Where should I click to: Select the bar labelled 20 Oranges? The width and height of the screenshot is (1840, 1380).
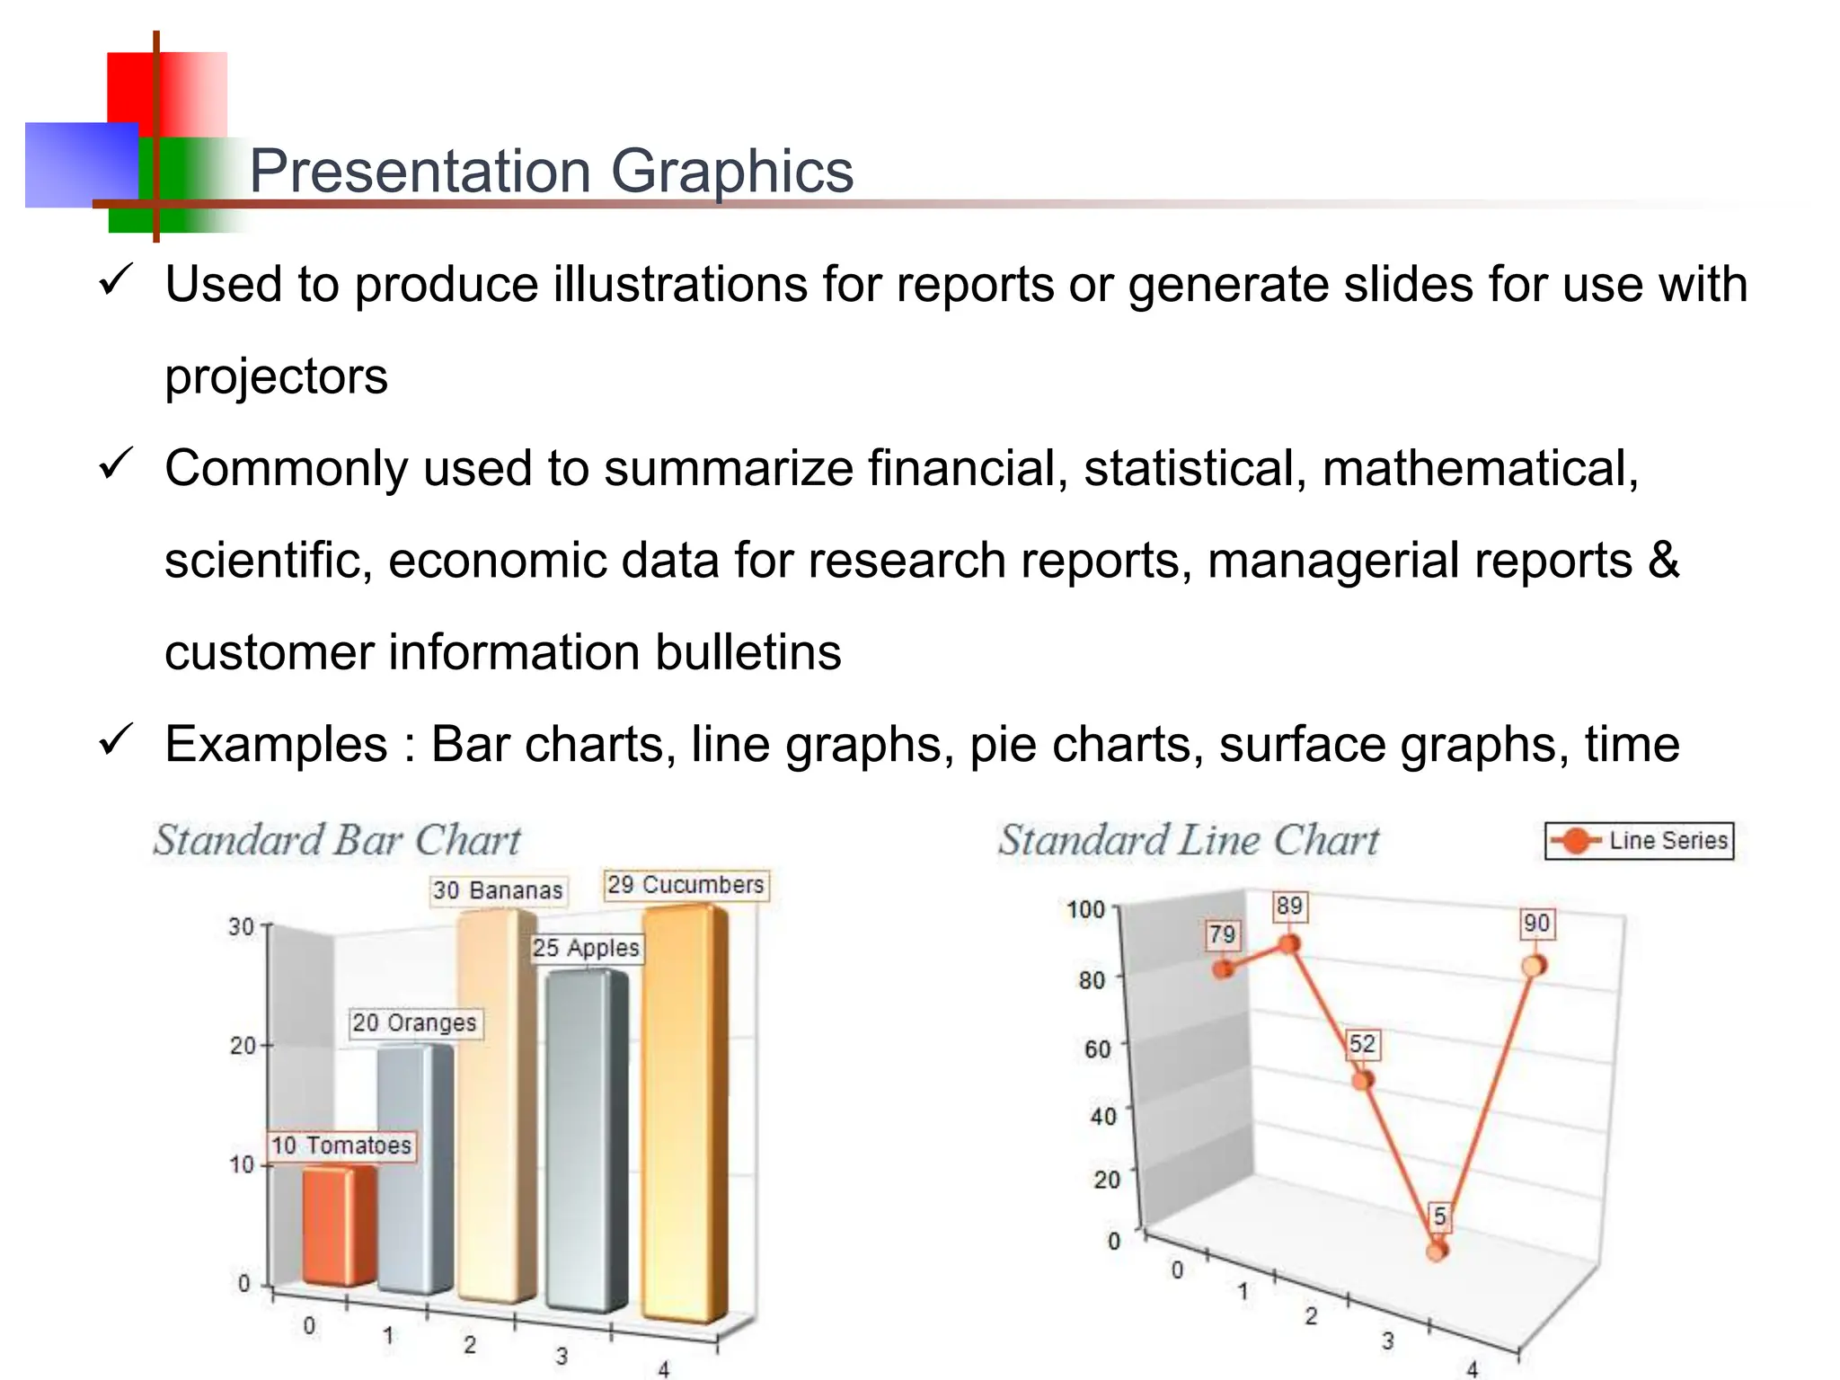point(413,1168)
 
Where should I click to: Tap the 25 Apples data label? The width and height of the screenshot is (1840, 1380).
point(586,948)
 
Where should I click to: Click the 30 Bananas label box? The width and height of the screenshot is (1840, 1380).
point(498,890)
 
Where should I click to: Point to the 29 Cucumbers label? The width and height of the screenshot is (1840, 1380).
point(686,885)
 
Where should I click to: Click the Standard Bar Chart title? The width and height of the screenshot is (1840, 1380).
point(337,841)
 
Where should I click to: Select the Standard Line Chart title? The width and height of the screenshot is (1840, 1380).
point(1188,841)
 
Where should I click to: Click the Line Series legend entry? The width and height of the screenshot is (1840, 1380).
point(1639,841)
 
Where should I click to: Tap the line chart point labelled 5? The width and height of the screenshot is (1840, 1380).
point(1437,1250)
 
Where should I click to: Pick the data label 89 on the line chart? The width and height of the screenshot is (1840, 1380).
point(1289,906)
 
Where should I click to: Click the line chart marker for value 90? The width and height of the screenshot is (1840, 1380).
point(1534,966)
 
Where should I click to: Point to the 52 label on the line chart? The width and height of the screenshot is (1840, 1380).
point(1362,1044)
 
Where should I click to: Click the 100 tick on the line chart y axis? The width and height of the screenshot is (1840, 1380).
point(1085,909)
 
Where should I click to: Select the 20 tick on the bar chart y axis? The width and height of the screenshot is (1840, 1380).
point(243,1046)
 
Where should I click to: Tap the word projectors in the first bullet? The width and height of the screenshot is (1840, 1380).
point(276,376)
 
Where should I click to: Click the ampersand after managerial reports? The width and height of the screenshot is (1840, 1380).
point(1664,560)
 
